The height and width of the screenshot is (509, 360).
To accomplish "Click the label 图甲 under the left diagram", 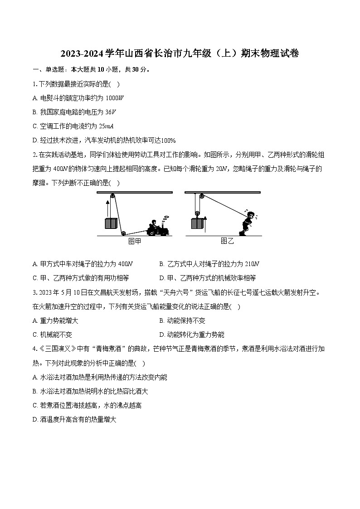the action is [135, 241].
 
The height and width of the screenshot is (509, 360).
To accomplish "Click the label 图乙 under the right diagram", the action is [227, 241].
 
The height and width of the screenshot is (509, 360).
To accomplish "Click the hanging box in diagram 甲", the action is [111, 223].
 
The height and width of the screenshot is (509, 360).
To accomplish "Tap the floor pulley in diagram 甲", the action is [123, 233].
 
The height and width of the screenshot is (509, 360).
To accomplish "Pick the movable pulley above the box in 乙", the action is [198, 213].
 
